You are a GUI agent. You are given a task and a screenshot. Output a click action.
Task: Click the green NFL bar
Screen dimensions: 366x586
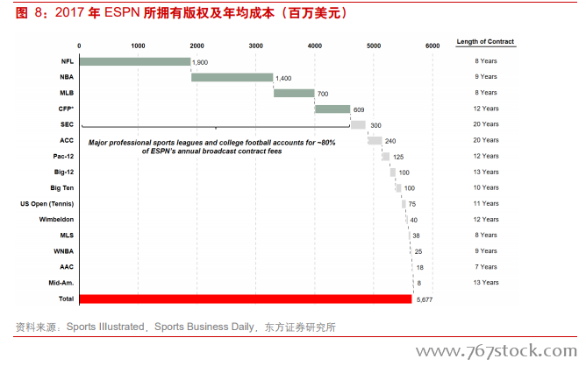tap(134, 61)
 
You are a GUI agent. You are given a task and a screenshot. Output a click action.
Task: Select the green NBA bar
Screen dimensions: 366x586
tap(232, 77)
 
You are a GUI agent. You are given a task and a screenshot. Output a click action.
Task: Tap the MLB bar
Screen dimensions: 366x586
tap(294, 93)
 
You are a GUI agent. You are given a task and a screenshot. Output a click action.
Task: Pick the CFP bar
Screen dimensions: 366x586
tap(332, 109)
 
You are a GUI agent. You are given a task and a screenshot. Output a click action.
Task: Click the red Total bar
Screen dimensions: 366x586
tap(245, 299)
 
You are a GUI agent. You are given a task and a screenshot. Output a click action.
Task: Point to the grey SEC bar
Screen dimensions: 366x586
tap(358, 124)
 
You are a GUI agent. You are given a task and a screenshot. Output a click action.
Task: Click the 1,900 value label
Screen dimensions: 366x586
tap(201, 62)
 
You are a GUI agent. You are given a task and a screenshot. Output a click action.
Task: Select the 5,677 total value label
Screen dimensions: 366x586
tap(425, 299)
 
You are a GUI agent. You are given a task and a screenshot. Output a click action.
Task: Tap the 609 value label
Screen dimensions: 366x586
tap(358, 109)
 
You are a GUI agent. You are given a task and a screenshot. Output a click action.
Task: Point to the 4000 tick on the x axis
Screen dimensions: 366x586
tap(314, 45)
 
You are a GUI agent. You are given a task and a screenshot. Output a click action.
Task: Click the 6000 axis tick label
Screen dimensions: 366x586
tap(432, 45)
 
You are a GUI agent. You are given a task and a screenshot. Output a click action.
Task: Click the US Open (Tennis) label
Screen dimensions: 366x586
tap(47, 204)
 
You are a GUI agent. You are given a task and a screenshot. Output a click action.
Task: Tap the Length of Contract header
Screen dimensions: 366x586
tap(485, 42)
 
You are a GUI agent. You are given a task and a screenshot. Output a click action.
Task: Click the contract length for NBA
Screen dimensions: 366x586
tap(485, 77)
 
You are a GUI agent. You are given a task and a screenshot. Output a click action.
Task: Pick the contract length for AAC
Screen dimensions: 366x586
tap(485, 267)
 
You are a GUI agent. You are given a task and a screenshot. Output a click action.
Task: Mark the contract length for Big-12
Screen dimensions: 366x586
tap(485, 172)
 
